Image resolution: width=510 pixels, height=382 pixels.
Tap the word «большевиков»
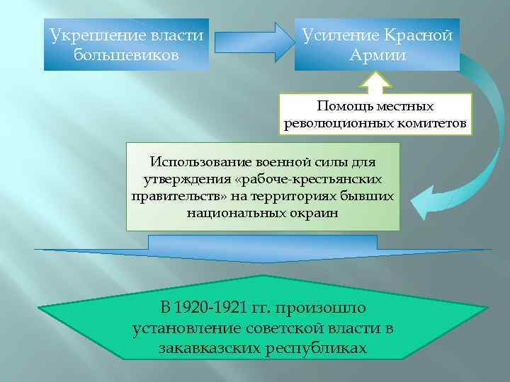coord(126,54)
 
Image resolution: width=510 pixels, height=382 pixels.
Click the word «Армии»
coord(378,54)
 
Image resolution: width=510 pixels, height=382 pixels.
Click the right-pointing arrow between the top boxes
coord(251,41)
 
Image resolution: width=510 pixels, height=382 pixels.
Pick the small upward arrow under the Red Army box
coord(375,83)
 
